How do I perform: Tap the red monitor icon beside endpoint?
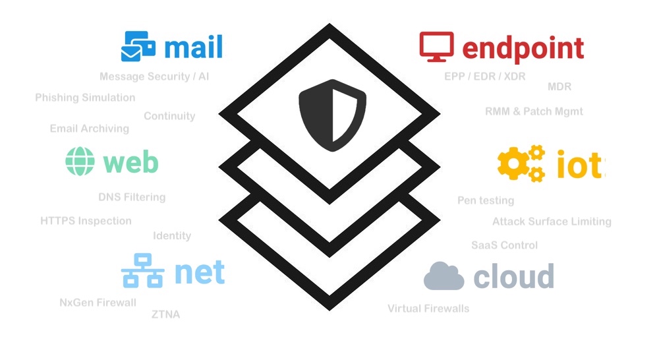tap(436, 47)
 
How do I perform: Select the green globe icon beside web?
tap(81, 162)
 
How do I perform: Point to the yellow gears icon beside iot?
tap(521, 164)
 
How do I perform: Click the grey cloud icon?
tap(444, 276)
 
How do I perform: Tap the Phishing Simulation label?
tap(85, 98)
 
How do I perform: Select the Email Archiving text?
tap(90, 129)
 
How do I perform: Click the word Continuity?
tap(169, 116)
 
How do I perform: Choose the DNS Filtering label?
tap(132, 197)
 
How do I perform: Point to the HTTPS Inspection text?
tap(86, 221)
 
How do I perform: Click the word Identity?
tap(172, 235)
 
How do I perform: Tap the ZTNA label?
tap(165, 315)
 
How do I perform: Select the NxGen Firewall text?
tap(98, 303)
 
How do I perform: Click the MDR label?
tap(559, 87)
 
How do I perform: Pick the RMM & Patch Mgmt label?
tap(534, 111)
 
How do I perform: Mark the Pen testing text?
tap(486, 200)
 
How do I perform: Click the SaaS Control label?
tap(504, 245)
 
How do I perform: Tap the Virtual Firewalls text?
tap(428, 308)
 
